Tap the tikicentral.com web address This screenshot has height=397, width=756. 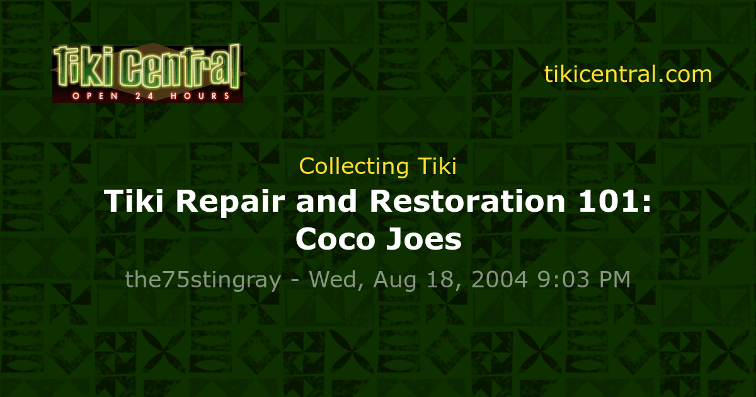627,74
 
